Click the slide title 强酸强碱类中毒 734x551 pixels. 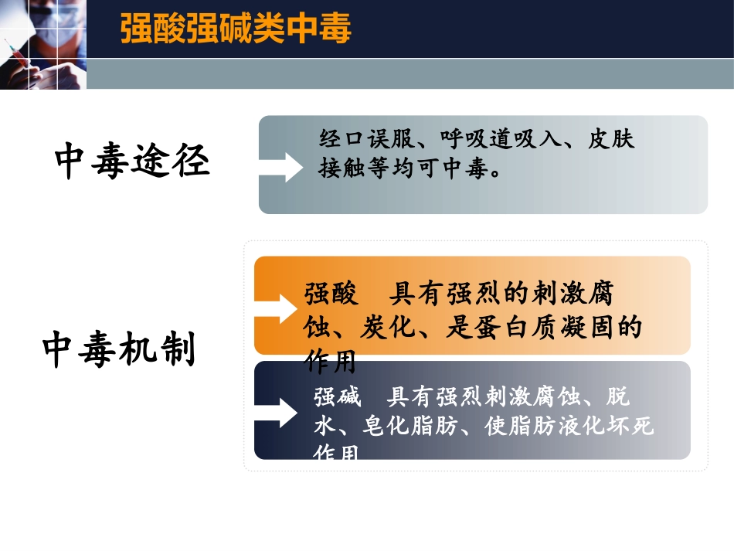coord(236,29)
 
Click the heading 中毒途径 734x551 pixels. coord(132,162)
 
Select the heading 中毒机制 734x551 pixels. coord(120,350)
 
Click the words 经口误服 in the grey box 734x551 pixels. coord(360,140)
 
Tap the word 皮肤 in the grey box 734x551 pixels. coord(611,140)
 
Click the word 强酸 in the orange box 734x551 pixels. coord(331,294)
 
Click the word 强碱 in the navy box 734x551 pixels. coord(338,397)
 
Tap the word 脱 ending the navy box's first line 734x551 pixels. coord(619,397)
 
